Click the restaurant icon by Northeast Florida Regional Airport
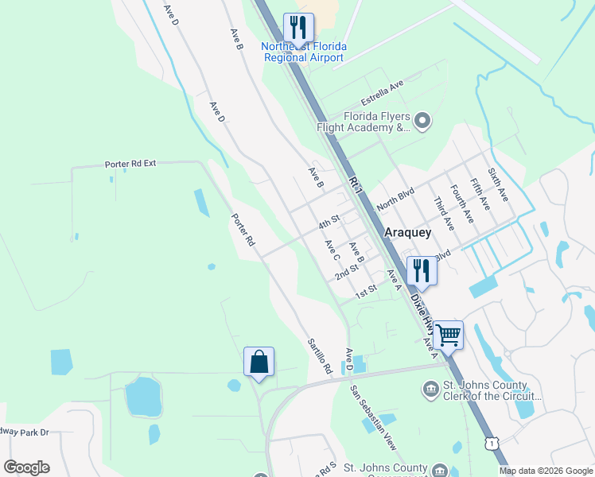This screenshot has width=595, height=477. pos(298,28)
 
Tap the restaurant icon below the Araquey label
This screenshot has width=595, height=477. pos(421,271)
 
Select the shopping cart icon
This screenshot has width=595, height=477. pos(449,335)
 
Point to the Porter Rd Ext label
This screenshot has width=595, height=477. pos(130,164)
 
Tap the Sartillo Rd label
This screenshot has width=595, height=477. pos(320,356)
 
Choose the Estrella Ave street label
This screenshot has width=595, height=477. pos(383,92)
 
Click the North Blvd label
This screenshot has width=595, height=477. pos(396,195)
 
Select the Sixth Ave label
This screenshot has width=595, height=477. pos(498,184)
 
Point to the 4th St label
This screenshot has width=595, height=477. pos(329,219)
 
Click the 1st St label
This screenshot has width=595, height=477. pos(366,292)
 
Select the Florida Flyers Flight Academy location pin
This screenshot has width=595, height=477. pos(422,122)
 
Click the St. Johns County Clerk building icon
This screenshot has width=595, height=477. pos(430,390)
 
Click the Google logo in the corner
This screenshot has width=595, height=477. pos(26,467)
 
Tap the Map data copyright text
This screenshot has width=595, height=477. pos(546,471)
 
